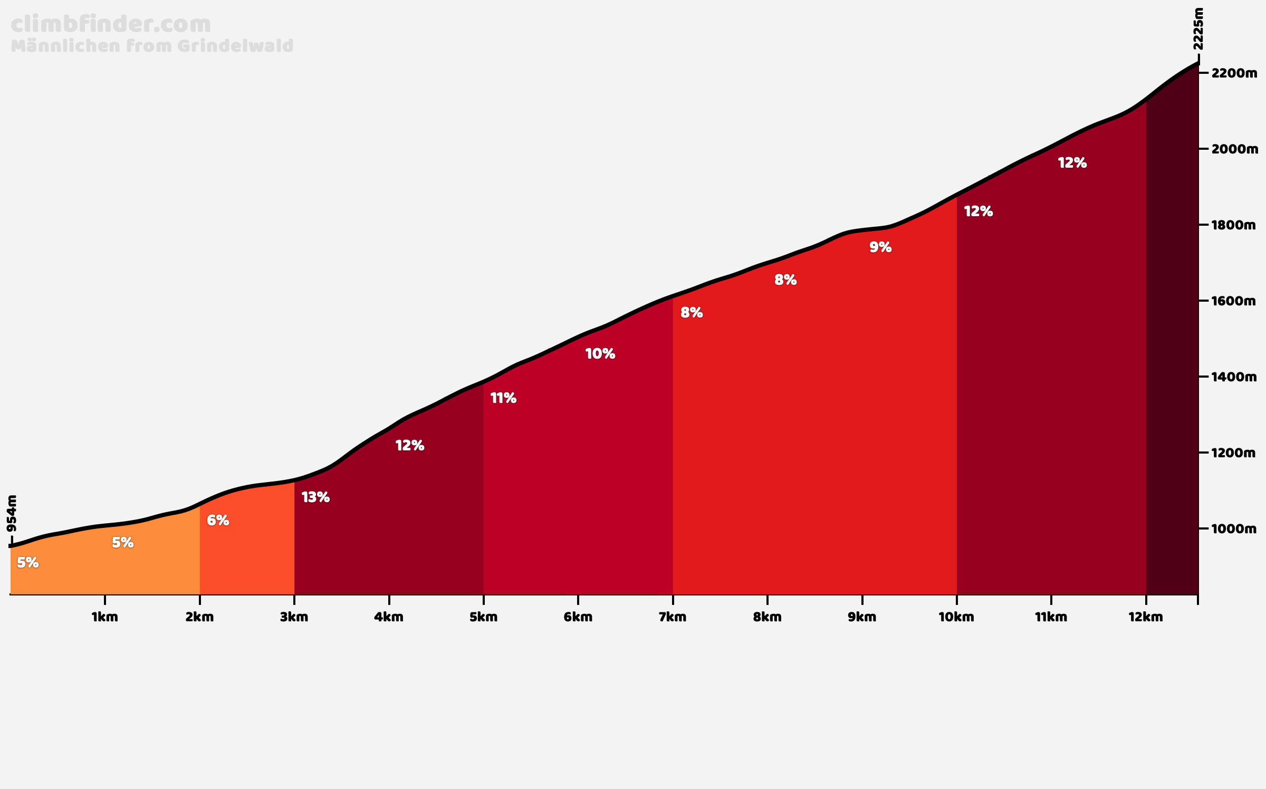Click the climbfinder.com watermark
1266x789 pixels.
111,24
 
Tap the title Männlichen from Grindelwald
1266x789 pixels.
152,46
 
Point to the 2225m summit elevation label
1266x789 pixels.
1198,29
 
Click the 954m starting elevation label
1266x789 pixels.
12,513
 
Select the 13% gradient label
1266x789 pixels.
315,497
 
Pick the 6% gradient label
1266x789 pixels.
218,521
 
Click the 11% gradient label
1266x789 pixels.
503,398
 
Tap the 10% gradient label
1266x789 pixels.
600,354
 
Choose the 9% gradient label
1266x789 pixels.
880,247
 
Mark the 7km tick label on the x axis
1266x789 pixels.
673,617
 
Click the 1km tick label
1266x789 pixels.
105,617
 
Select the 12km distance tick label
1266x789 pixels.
1146,617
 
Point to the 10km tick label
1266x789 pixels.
956,617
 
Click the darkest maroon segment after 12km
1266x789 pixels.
1172,343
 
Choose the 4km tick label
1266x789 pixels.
389,617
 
